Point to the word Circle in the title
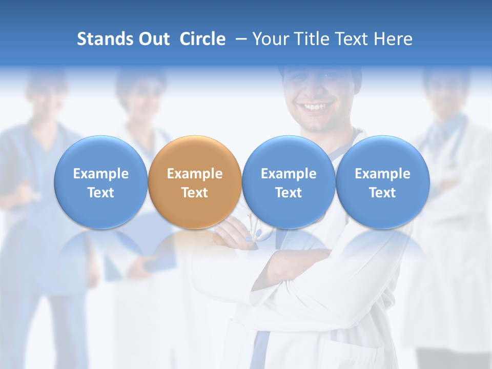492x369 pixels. (202, 39)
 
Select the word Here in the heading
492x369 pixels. (394, 39)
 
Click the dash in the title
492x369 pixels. (241, 39)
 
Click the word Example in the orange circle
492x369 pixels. (195, 174)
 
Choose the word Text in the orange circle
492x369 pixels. (195, 193)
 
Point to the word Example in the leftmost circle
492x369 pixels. (100, 174)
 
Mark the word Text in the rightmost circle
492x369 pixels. (382, 193)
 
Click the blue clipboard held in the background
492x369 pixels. (154, 241)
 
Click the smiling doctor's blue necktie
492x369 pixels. (261, 348)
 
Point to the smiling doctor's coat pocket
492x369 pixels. (354, 354)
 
